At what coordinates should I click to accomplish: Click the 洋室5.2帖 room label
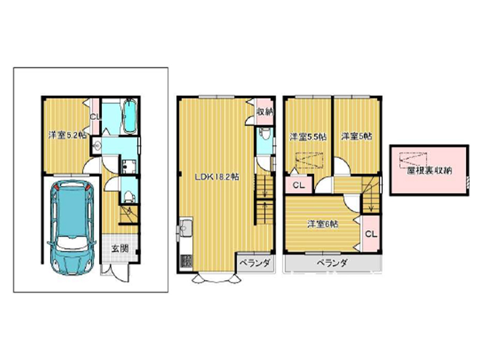[x=68, y=135]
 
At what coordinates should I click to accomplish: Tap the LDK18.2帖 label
[x=217, y=176]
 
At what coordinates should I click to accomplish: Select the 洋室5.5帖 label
[x=308, y=137]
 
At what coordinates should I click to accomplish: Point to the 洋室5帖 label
[x=356, y=136]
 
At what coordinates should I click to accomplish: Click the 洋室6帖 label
[x=323, y=224]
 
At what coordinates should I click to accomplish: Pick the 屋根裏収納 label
[x=429, y=170]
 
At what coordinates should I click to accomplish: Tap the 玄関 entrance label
[x=119, y=248]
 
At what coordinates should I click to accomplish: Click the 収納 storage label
[x=265, y=112]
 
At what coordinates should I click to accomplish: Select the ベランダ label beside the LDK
[x=254, y=263]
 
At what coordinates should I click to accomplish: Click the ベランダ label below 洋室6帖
[x=332, y=263]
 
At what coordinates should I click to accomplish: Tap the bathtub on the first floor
[x=130, y=116]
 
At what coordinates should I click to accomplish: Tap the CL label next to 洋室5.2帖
[x=95, y=116]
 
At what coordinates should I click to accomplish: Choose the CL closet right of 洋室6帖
[x=371, y=234]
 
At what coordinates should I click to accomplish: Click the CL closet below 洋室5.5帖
[x=298, y=185]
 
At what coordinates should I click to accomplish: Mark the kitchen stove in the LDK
[x=186, y=261]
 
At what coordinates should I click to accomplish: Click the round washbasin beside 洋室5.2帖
[x=96, y=145]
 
